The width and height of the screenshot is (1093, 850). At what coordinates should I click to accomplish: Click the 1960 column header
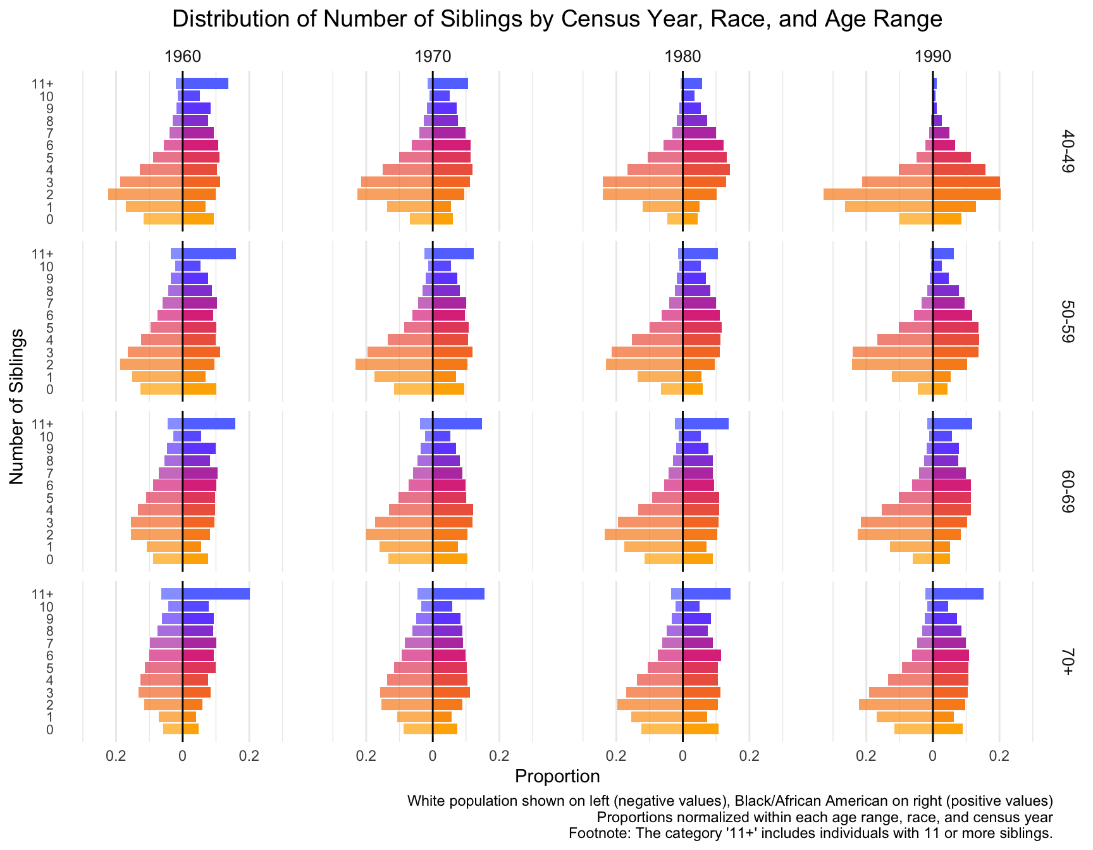(183, 57)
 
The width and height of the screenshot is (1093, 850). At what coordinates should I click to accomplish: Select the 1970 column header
(433, 57)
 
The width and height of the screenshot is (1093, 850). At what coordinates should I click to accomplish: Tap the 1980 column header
(682, 57)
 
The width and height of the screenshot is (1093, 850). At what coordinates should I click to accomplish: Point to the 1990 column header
(933, 57)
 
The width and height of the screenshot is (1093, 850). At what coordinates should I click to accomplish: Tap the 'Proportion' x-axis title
(557, 776)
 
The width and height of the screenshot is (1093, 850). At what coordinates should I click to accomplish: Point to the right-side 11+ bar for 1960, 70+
(216, 594)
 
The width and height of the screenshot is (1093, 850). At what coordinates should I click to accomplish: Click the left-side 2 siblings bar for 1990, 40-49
(878, 194)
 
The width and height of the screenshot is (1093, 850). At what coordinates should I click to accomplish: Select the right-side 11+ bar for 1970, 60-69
(457, 424)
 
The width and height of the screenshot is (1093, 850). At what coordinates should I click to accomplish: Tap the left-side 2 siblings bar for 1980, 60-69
(643, 534)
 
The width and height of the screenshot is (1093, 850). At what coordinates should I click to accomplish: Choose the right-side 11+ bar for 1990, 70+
(958, 594)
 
